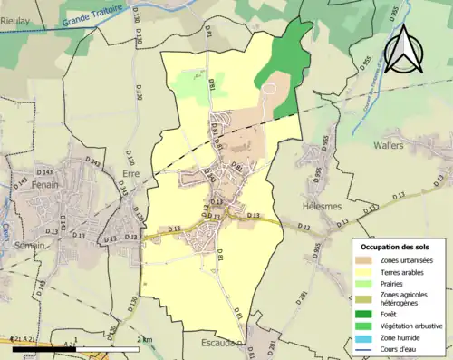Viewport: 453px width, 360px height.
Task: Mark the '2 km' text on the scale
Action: coord(145,338)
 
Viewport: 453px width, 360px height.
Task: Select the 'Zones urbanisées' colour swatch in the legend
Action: coord(365,261)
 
